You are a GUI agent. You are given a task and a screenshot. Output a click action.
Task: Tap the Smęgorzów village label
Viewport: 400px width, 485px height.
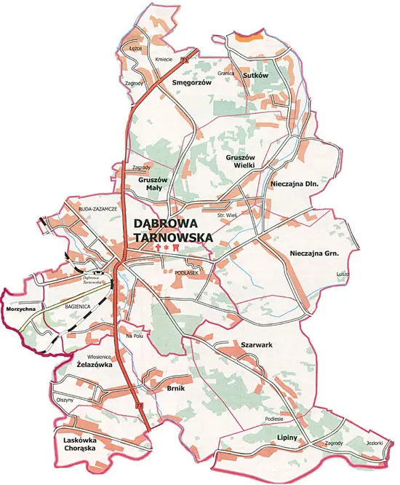[191, 83]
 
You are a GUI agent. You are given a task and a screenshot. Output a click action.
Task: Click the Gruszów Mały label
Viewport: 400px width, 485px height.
[153, 183]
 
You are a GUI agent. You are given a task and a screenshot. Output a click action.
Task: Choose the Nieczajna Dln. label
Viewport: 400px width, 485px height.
[295, 185]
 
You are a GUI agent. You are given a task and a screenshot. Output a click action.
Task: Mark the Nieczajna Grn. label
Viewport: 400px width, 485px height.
[314, 253]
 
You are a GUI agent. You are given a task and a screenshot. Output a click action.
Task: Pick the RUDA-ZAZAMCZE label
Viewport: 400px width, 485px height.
[97, 208]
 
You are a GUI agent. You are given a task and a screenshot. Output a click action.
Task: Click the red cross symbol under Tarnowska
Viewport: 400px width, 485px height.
[159, 248]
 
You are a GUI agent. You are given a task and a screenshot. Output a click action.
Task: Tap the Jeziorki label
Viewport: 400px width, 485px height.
[374, 443]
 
